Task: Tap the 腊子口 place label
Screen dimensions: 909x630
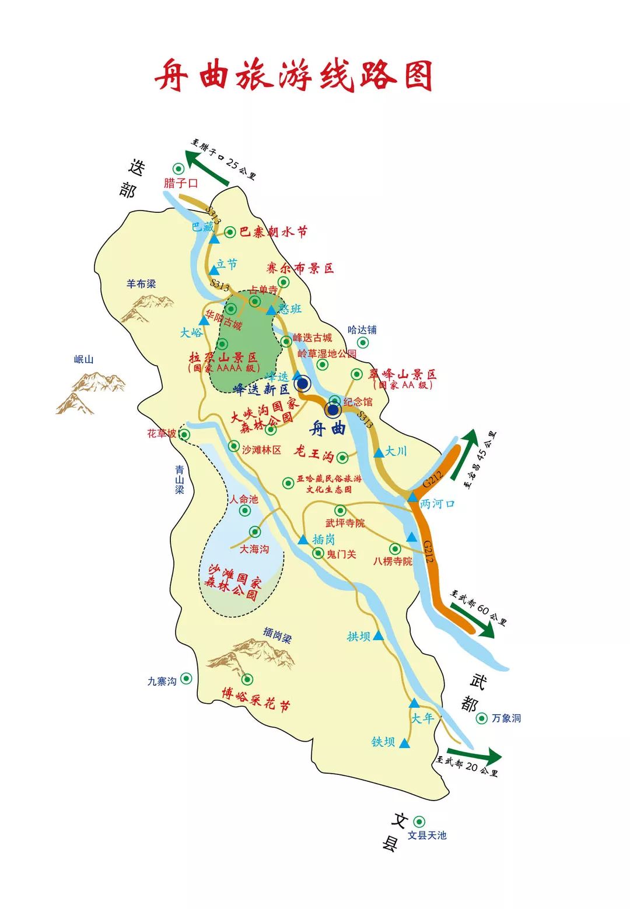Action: pyautogui.click(x=181, y=183)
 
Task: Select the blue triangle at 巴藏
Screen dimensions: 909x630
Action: pyautogui.click(x=214, y=238)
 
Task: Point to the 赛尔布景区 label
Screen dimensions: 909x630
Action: pyautogui.click(x=300, y=268)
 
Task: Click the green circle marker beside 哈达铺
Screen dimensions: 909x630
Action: pyautogui.click(x=363, y=343)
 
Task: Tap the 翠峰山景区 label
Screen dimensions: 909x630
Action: pyautogui.click(x=402, y=374)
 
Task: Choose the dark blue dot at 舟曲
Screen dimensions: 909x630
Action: pyautogui.click(x=333, y=410)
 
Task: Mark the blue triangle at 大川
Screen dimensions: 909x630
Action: pyautogui.click(x=379, y=452)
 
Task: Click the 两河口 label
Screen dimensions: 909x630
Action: pyautogui.click(x=437, y=504)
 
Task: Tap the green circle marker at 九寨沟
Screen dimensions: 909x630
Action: pyautogui.click(x=186, y=678)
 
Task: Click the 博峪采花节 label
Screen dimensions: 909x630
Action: pyautogui.click(x=256, y=699)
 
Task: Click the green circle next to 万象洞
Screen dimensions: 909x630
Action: pyautogui.click(x=482, y=718)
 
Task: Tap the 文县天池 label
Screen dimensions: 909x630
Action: pyautogui.click(x=426, y=835)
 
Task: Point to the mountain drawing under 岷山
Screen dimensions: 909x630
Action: pyautogui.click(x=90, y=392)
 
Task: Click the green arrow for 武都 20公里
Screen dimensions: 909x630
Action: pyautogui.click(x=475, y=755)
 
